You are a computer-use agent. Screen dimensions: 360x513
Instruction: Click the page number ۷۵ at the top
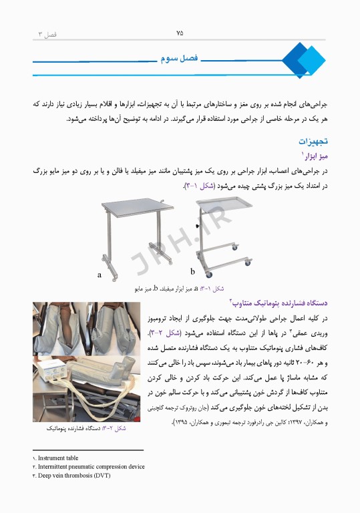(180, 32)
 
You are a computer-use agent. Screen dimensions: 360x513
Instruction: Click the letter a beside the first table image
(100, 274)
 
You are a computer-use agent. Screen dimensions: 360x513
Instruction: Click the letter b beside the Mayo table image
(192, 271)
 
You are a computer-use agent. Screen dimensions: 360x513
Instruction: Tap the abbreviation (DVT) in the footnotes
(101, 476)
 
